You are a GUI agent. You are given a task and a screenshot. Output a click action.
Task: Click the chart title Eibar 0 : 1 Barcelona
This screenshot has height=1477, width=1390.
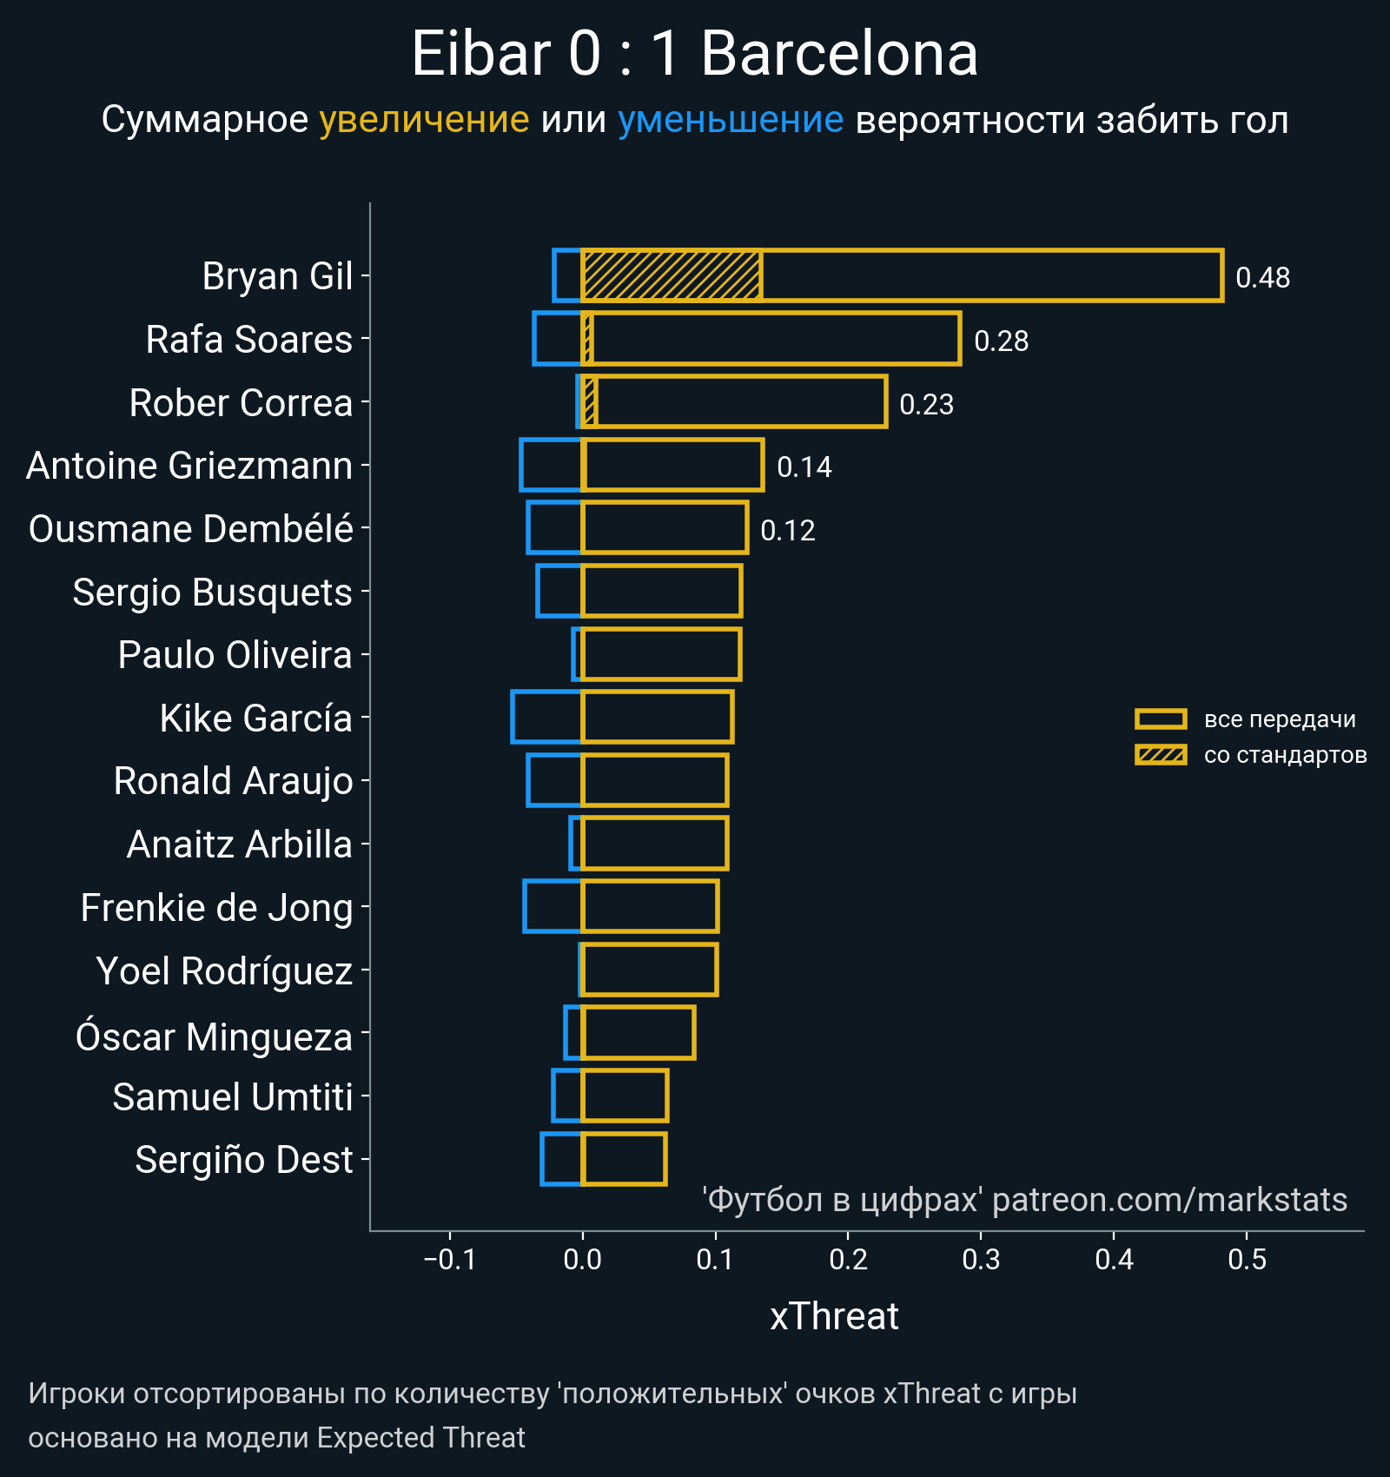coord(694,54)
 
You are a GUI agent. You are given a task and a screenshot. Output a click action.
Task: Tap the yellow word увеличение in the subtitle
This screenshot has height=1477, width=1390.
coord(424,120)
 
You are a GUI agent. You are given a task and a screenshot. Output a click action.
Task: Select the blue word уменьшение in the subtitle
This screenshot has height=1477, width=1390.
coord(730,120)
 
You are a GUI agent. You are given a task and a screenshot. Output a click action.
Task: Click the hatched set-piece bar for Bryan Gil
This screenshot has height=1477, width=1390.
coord(672,275)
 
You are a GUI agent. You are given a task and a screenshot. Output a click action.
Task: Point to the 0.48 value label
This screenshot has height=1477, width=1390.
coord(1262,278)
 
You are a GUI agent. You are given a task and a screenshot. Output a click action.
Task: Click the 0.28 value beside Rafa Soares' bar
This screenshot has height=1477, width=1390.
coord(1001,341)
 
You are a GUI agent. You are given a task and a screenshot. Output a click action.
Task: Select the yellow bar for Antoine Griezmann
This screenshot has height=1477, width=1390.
coord(672,465)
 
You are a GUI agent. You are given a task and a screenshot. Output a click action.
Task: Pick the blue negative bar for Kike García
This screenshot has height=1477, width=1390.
coord(546,717)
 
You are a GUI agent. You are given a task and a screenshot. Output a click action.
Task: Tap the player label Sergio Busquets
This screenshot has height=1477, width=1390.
coord(212,593)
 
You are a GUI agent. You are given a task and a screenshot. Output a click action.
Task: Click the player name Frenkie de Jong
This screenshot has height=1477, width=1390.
coord(216,908)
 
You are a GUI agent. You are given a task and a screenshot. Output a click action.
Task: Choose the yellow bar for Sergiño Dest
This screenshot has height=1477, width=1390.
coord(624,1159)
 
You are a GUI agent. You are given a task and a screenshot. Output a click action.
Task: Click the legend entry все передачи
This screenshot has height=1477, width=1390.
coord(1279,719)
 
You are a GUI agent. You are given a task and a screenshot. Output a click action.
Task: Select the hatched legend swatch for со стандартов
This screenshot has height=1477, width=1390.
coord(1160,755)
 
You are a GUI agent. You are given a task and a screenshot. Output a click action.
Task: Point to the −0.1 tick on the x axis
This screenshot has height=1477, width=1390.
coord(449,1259)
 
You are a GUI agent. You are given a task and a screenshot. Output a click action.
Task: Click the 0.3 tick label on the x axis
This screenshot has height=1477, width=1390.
coord(981,1259)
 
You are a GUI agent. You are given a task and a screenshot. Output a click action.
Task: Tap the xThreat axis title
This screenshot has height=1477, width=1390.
coord(834,1316)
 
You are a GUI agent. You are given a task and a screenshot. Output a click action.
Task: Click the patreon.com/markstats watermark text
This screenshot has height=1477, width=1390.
coord(1169,1200)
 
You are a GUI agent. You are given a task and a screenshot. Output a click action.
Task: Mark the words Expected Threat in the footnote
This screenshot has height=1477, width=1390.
coord(420,1438)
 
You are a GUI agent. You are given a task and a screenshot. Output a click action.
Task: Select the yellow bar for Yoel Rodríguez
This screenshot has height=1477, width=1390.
coord(649,970)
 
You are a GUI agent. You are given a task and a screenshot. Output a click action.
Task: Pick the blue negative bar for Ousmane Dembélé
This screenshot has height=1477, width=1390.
coord(554,527)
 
